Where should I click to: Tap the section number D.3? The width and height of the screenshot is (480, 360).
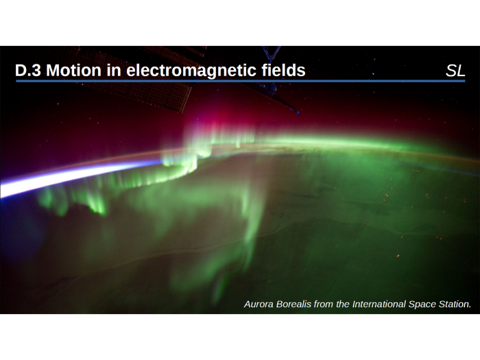(28, 71)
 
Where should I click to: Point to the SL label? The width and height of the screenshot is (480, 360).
(455, 71)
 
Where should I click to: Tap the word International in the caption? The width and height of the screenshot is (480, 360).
(381, 303)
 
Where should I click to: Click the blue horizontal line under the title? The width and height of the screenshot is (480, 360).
(240, 81)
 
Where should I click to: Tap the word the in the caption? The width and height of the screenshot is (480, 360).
(344, 303)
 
